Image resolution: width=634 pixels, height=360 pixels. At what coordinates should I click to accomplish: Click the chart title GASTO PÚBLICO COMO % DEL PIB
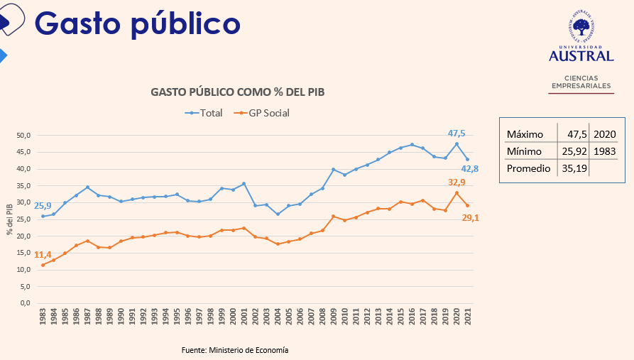click(x=238, y=92)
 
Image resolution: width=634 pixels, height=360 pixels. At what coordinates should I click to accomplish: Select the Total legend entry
click(x=204, y=113)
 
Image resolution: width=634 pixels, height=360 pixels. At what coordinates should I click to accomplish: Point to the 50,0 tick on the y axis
click(x=24, y=135)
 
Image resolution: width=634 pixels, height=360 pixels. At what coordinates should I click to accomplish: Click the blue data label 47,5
click(x=457, y=133)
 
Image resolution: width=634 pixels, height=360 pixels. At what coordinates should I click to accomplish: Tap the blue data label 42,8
click(x=469, y=169)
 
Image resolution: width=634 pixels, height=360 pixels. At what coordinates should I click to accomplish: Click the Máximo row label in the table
click(x=525, y=134)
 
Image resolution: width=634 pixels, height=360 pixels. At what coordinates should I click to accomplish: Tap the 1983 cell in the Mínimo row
click(x=605, y=152)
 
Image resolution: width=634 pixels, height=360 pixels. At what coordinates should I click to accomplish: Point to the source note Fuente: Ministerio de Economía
click(x=235, y=350)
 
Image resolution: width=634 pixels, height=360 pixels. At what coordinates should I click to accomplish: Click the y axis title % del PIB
click(x=10, y=219)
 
